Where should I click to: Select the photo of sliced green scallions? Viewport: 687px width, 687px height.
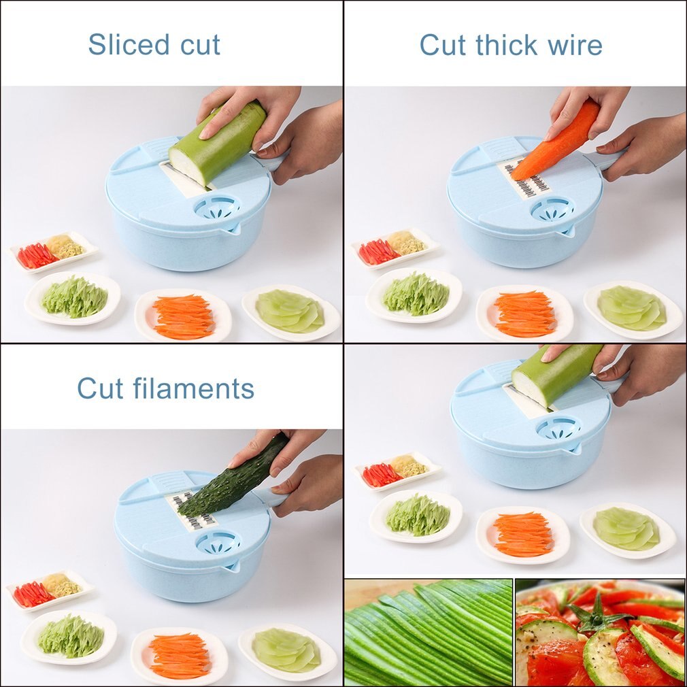[428, 632]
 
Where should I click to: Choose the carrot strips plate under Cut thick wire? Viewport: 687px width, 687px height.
[524, 314]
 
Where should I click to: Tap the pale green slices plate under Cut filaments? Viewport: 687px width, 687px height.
[287, 650]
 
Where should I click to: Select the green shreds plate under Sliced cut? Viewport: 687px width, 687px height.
[73, 297]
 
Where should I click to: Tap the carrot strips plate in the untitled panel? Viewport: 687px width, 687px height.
[522, 534]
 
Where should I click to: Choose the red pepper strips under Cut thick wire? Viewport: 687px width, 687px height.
[378, 252]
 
